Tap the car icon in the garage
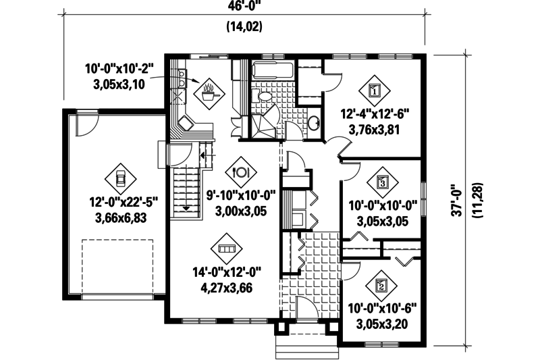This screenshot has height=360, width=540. [120, 178]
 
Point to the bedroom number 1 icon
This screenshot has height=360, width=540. [376, 88]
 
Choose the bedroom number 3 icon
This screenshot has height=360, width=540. [383, 181]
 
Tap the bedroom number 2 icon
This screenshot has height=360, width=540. [381, 285]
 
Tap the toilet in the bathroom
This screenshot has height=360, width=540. [265, 99]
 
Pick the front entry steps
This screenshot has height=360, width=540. [306, 346]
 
